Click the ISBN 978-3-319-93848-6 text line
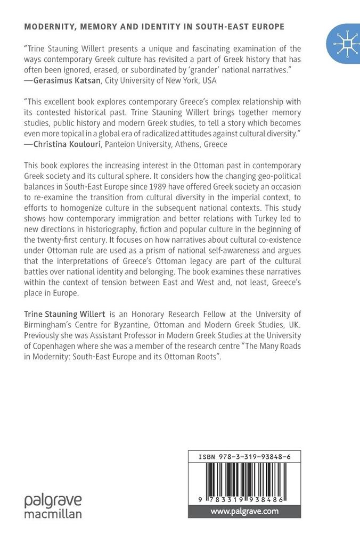point(244,457)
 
